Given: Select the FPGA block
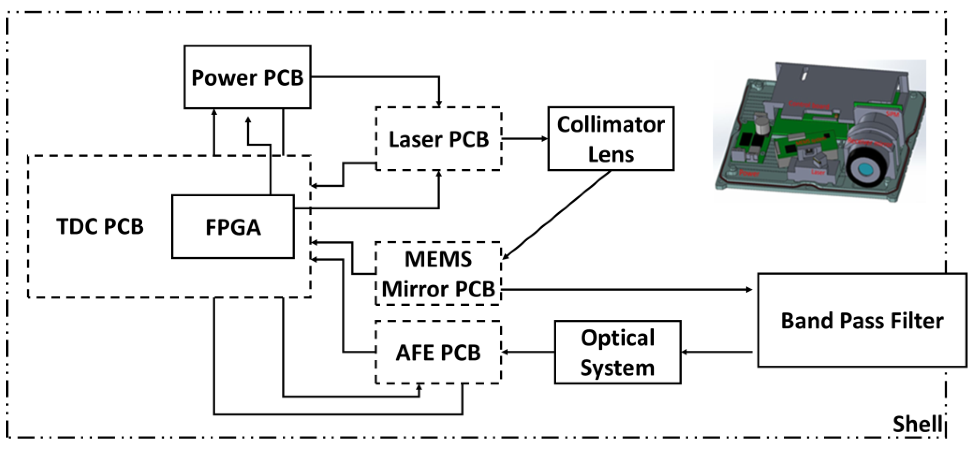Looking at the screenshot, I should point(233,227).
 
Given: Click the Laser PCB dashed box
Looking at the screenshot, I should point(438,139).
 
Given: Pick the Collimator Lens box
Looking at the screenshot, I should point(611,139).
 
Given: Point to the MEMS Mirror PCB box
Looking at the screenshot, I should point(438,274).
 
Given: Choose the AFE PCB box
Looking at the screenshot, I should point(438,352).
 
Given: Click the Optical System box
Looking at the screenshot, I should point(617,352).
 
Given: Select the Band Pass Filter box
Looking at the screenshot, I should point(862,321).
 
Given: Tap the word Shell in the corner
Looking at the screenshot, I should point(917,424).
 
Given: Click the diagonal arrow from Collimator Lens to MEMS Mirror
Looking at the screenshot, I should point(556,215).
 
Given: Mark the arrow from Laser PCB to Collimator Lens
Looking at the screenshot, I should point(524,139).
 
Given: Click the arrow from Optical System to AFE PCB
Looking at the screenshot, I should point(528,352).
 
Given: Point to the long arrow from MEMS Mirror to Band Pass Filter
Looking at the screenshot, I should point(625,290).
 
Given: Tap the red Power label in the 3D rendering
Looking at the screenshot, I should point(749,174).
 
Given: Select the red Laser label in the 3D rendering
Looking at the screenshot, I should point(817,172).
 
